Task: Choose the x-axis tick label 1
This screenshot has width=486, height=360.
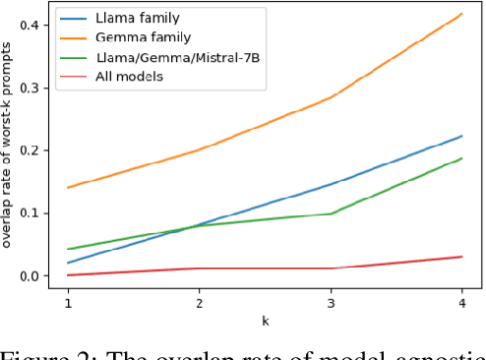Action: pos(68,303)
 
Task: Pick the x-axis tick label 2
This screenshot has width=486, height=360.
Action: pos(198,303)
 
